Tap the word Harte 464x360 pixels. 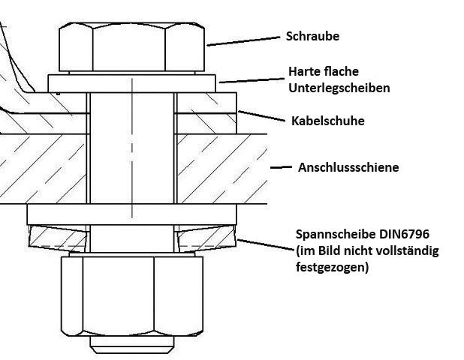point(305,72)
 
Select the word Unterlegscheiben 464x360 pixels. point(339,88)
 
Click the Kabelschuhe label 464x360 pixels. point(327,120)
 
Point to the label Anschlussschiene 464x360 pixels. point(348,167)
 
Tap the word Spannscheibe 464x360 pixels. point(331,234)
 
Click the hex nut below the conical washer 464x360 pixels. point(132,297)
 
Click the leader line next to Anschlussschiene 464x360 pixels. point(281,167)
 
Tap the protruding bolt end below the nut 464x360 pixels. point(132,345)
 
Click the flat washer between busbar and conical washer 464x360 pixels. point(132,214)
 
